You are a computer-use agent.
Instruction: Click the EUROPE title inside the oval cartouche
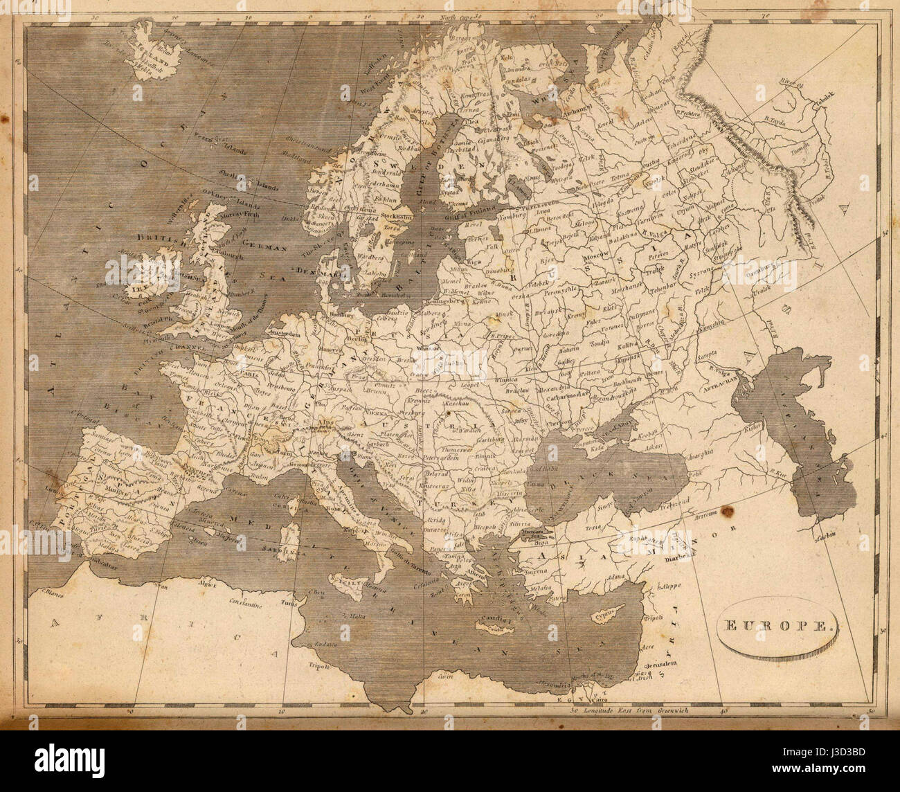(775, 627)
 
